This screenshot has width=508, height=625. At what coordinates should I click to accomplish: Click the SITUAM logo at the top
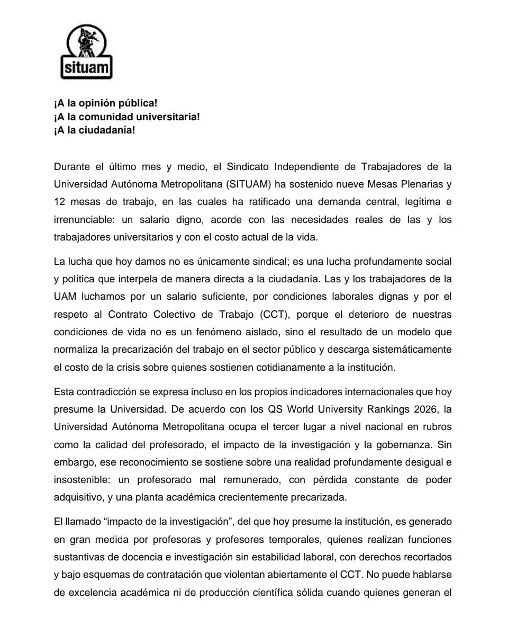(86, 53)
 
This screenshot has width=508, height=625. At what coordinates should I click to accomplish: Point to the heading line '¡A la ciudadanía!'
(95, 130)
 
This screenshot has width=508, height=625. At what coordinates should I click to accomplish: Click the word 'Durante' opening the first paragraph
(71, 167)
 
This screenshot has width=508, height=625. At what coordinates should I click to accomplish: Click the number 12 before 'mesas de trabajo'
(59, 202)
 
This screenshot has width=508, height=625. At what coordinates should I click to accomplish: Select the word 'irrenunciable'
(82, 220)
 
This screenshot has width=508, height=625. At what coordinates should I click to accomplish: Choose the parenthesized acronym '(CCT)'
(275, 315)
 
